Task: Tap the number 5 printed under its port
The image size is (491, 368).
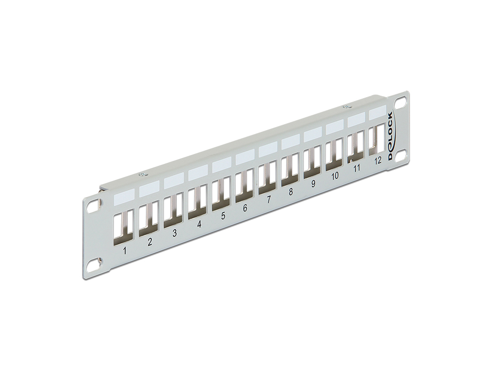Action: [x=223, y=215]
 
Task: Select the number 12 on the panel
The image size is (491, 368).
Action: [x=377, y=160]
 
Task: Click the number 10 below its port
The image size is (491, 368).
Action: [x=335, y=176]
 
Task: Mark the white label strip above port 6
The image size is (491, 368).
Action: [x=244, y=157]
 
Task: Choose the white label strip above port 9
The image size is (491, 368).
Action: [x=312, y=134]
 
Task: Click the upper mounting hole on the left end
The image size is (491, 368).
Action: [x=92, y=207]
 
